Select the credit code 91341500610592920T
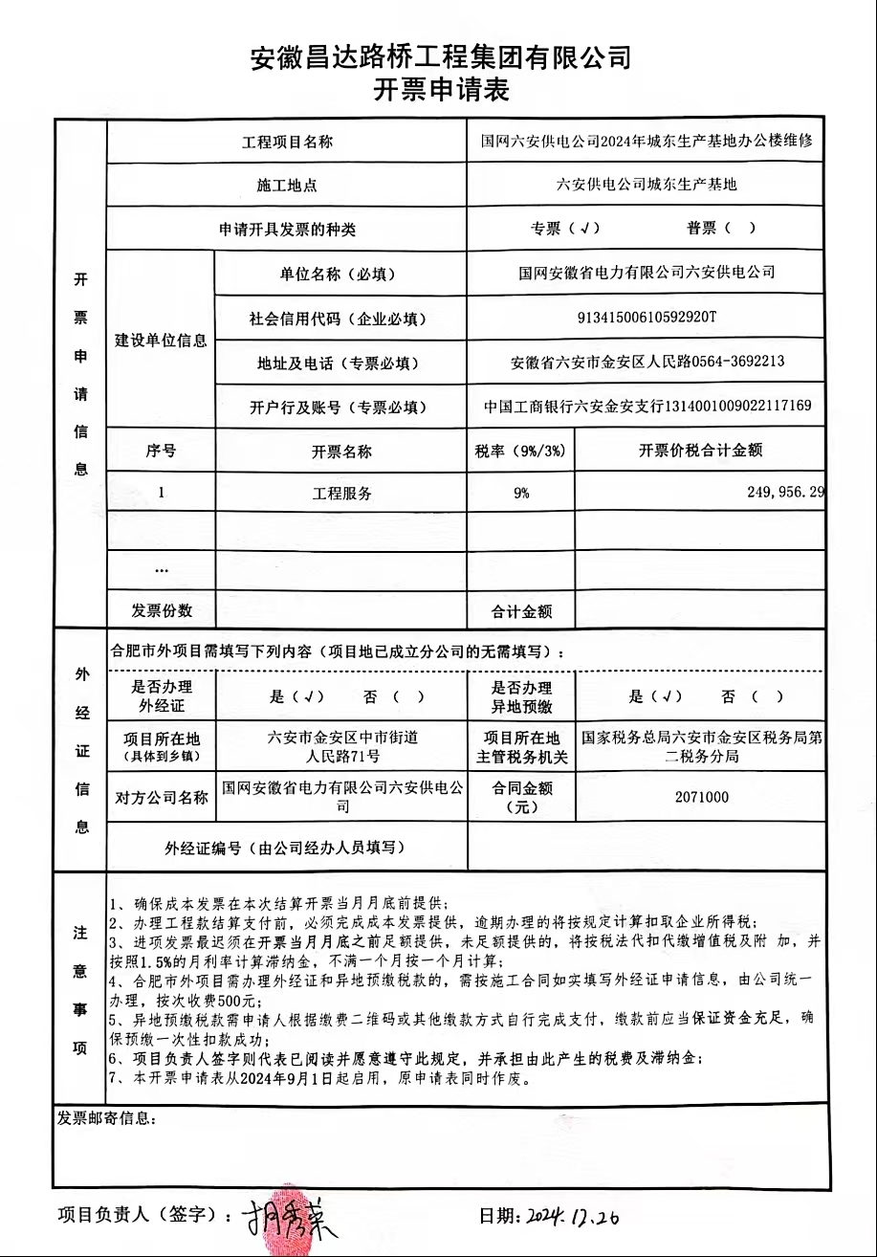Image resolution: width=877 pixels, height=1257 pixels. click(647, 318)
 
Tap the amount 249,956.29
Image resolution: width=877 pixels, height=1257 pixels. click(783, 493)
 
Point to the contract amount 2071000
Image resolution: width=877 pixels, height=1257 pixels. click(701, 797)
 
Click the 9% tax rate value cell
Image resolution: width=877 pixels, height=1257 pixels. click(520, 494)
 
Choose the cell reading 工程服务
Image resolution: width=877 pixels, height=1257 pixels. click(341, 494)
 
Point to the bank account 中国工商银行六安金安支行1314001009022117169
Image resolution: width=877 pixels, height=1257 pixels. click(647, 407)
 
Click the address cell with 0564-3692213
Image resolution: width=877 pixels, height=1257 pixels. click(647, 362)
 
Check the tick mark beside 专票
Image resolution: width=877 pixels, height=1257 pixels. click(583, 229)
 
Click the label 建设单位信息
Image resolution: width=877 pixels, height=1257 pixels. click(161, 341)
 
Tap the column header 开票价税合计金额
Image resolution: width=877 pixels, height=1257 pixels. click(701, 451)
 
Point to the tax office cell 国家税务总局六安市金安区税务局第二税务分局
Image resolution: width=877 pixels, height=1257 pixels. click(701, 747)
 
